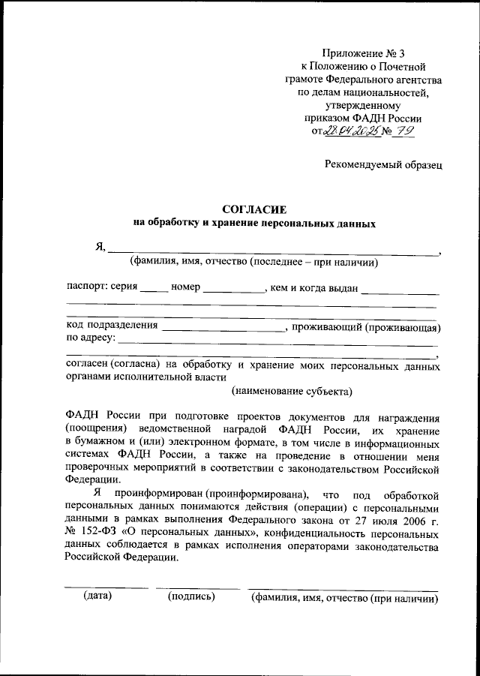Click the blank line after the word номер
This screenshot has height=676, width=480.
coord(233,290)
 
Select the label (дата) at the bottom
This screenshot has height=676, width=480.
coord(97,596)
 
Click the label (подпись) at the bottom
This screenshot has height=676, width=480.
coord(193,596)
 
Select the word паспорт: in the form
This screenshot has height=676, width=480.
coord(87,288)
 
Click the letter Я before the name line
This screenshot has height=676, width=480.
coord(99,248)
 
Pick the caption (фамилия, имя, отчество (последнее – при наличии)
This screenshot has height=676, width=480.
coord(253,262)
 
